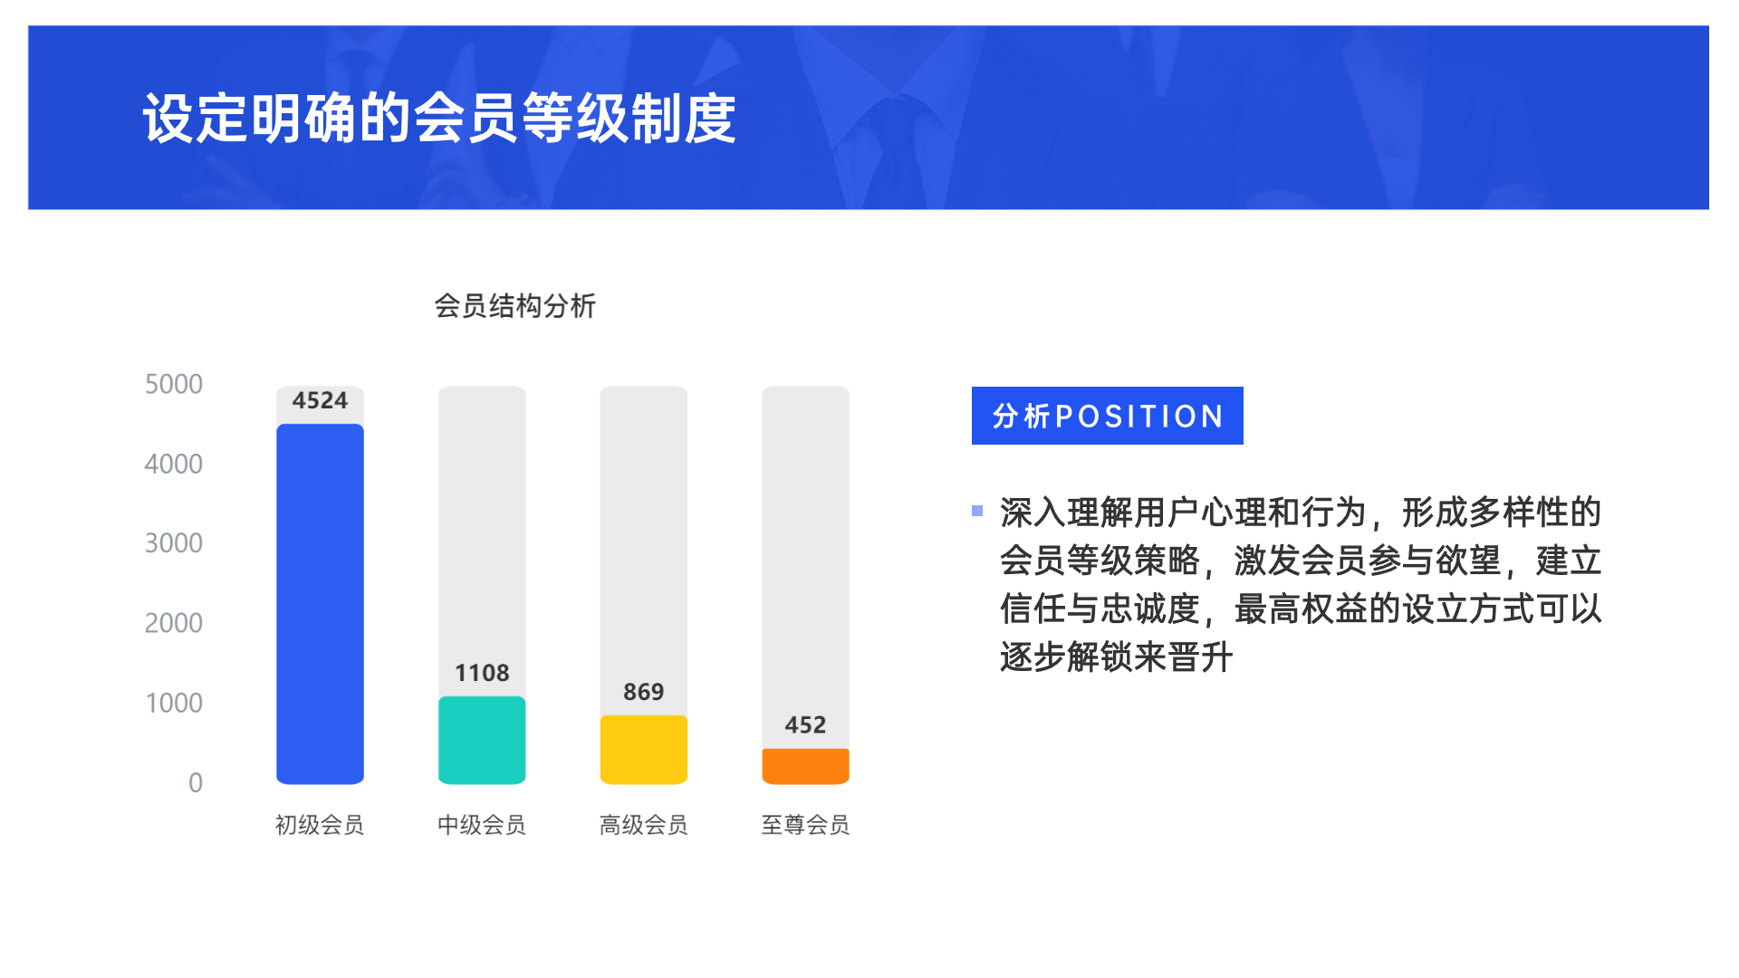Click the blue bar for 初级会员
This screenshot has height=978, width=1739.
[x=320, y=604]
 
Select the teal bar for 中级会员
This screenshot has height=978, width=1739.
[x=482, y=740]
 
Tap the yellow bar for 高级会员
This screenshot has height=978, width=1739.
[x=644, y=750]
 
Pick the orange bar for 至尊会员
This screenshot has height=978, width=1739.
[x=805, y=766]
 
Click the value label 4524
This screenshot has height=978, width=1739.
[x=320, y=400]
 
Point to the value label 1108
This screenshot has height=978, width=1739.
[x=482, y=673]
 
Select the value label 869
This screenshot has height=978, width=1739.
[x=644, y=692]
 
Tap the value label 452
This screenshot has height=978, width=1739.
[x=805, y=724]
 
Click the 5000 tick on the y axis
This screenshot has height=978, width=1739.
[x=174, y=384]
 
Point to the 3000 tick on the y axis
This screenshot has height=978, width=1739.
[x=174, y=543]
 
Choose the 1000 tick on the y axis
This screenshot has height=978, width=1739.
[x=174, y=703]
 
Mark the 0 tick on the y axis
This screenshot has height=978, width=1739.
[x=196, y=782]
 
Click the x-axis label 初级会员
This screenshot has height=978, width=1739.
[x=320, y=825]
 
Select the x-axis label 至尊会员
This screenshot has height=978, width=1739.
[x=805, y=825]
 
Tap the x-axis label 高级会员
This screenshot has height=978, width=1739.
[x=644, y=825]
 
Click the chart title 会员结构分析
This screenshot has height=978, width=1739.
[x=514, y=306]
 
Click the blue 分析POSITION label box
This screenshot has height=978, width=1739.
[x=1107, y=416]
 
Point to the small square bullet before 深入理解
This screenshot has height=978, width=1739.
[x=977, y=511]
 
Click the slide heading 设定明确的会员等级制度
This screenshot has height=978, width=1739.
[x=439, y=119]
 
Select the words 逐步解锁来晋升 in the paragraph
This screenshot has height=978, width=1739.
[x=1117, y=657]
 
